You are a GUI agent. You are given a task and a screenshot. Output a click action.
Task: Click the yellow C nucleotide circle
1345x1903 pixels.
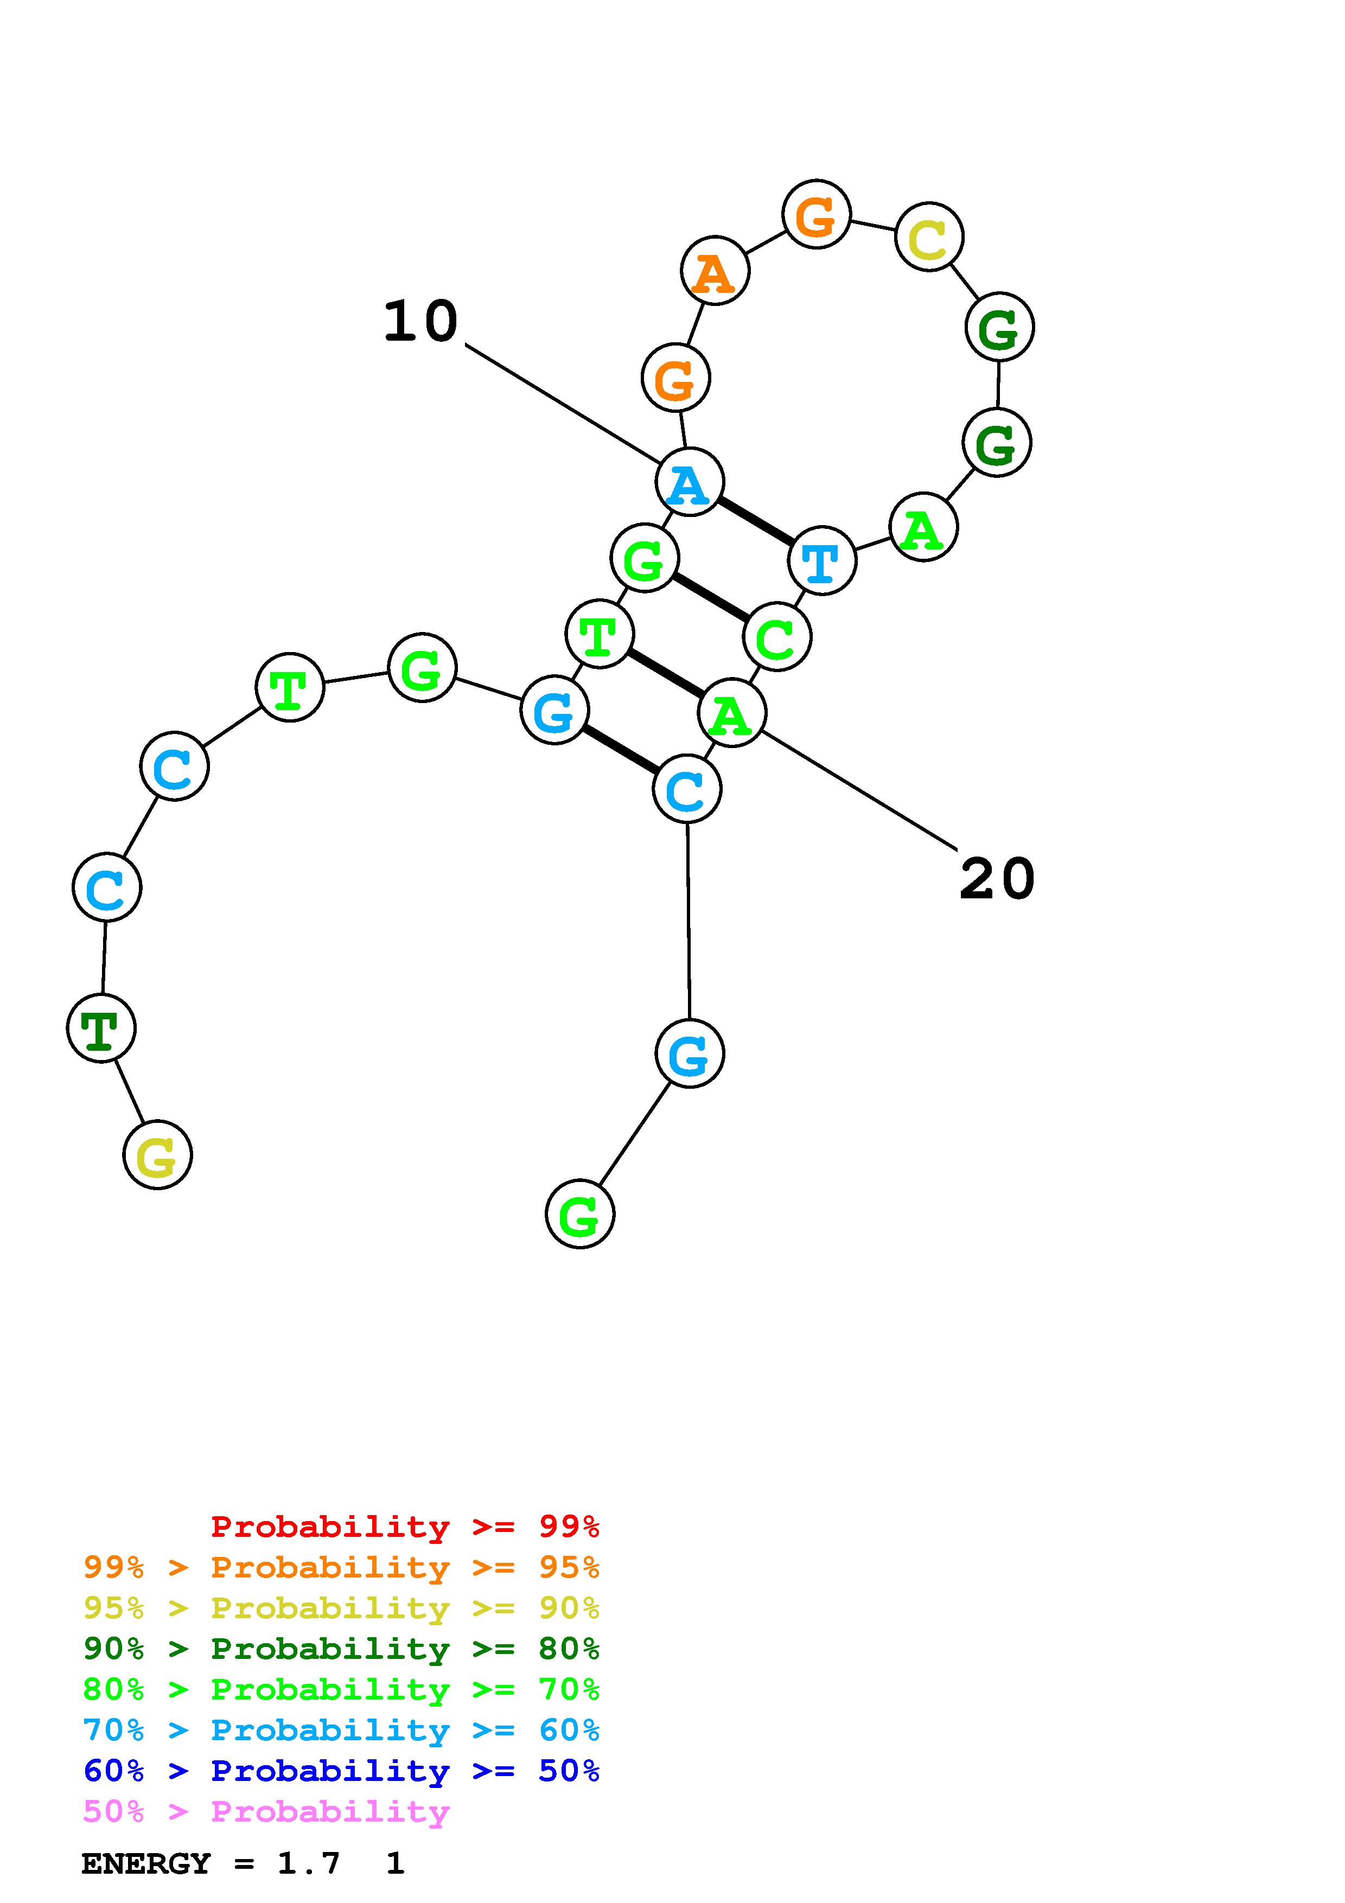tap(929, 237)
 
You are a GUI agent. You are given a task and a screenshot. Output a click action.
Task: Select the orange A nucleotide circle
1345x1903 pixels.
tap(715, 271)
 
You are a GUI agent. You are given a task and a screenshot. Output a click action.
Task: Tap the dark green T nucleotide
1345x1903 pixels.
tap(101, 1028)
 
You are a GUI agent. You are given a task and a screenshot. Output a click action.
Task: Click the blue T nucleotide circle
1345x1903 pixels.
tap(821, 561)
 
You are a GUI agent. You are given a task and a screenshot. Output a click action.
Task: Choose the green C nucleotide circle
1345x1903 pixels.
tap(776, 636)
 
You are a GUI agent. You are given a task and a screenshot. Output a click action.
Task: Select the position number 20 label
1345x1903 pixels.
tap(997, 879)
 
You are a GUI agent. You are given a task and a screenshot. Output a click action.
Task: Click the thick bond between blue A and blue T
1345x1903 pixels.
tap(755, 521)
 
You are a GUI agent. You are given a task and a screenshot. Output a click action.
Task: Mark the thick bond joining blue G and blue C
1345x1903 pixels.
tap(621, 749)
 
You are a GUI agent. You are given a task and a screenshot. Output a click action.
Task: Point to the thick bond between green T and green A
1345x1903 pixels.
tap(666, 673)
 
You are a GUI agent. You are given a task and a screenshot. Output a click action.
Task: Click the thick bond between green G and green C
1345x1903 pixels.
tap(710, 597)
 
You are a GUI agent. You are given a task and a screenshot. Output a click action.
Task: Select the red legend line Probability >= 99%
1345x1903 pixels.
tap(404, 1526)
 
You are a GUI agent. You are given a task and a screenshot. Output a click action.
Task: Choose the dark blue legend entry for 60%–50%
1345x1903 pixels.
tap(341, 1771)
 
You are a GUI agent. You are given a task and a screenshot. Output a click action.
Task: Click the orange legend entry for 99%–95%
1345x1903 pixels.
tap(341, 1567)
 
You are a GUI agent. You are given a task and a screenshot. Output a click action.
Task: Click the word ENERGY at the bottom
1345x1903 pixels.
tap(146, 1863)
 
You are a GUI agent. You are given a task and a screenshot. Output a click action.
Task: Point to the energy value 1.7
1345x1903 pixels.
tap(308, 1863)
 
